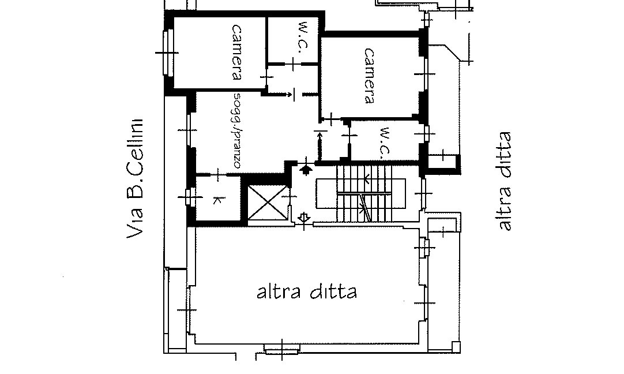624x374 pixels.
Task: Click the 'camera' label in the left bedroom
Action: click(x=237, y=51)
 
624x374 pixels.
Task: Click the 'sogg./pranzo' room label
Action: click(x=237, y=130)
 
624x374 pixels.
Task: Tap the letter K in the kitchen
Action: click(x=217, y=200)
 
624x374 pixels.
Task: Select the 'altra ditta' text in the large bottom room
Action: click(x=306, y=292)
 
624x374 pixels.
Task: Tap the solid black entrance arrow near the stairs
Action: click(x=306, y=169)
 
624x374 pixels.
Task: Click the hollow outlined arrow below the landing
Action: click(x=305, y=218)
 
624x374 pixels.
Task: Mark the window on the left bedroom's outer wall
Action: click(x=167, y=52)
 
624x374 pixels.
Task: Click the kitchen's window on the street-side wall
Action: click(x=187, y=197)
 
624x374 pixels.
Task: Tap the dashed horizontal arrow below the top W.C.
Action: click(x=283, y=93)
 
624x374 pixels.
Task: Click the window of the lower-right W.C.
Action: click(x=426, y=134)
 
